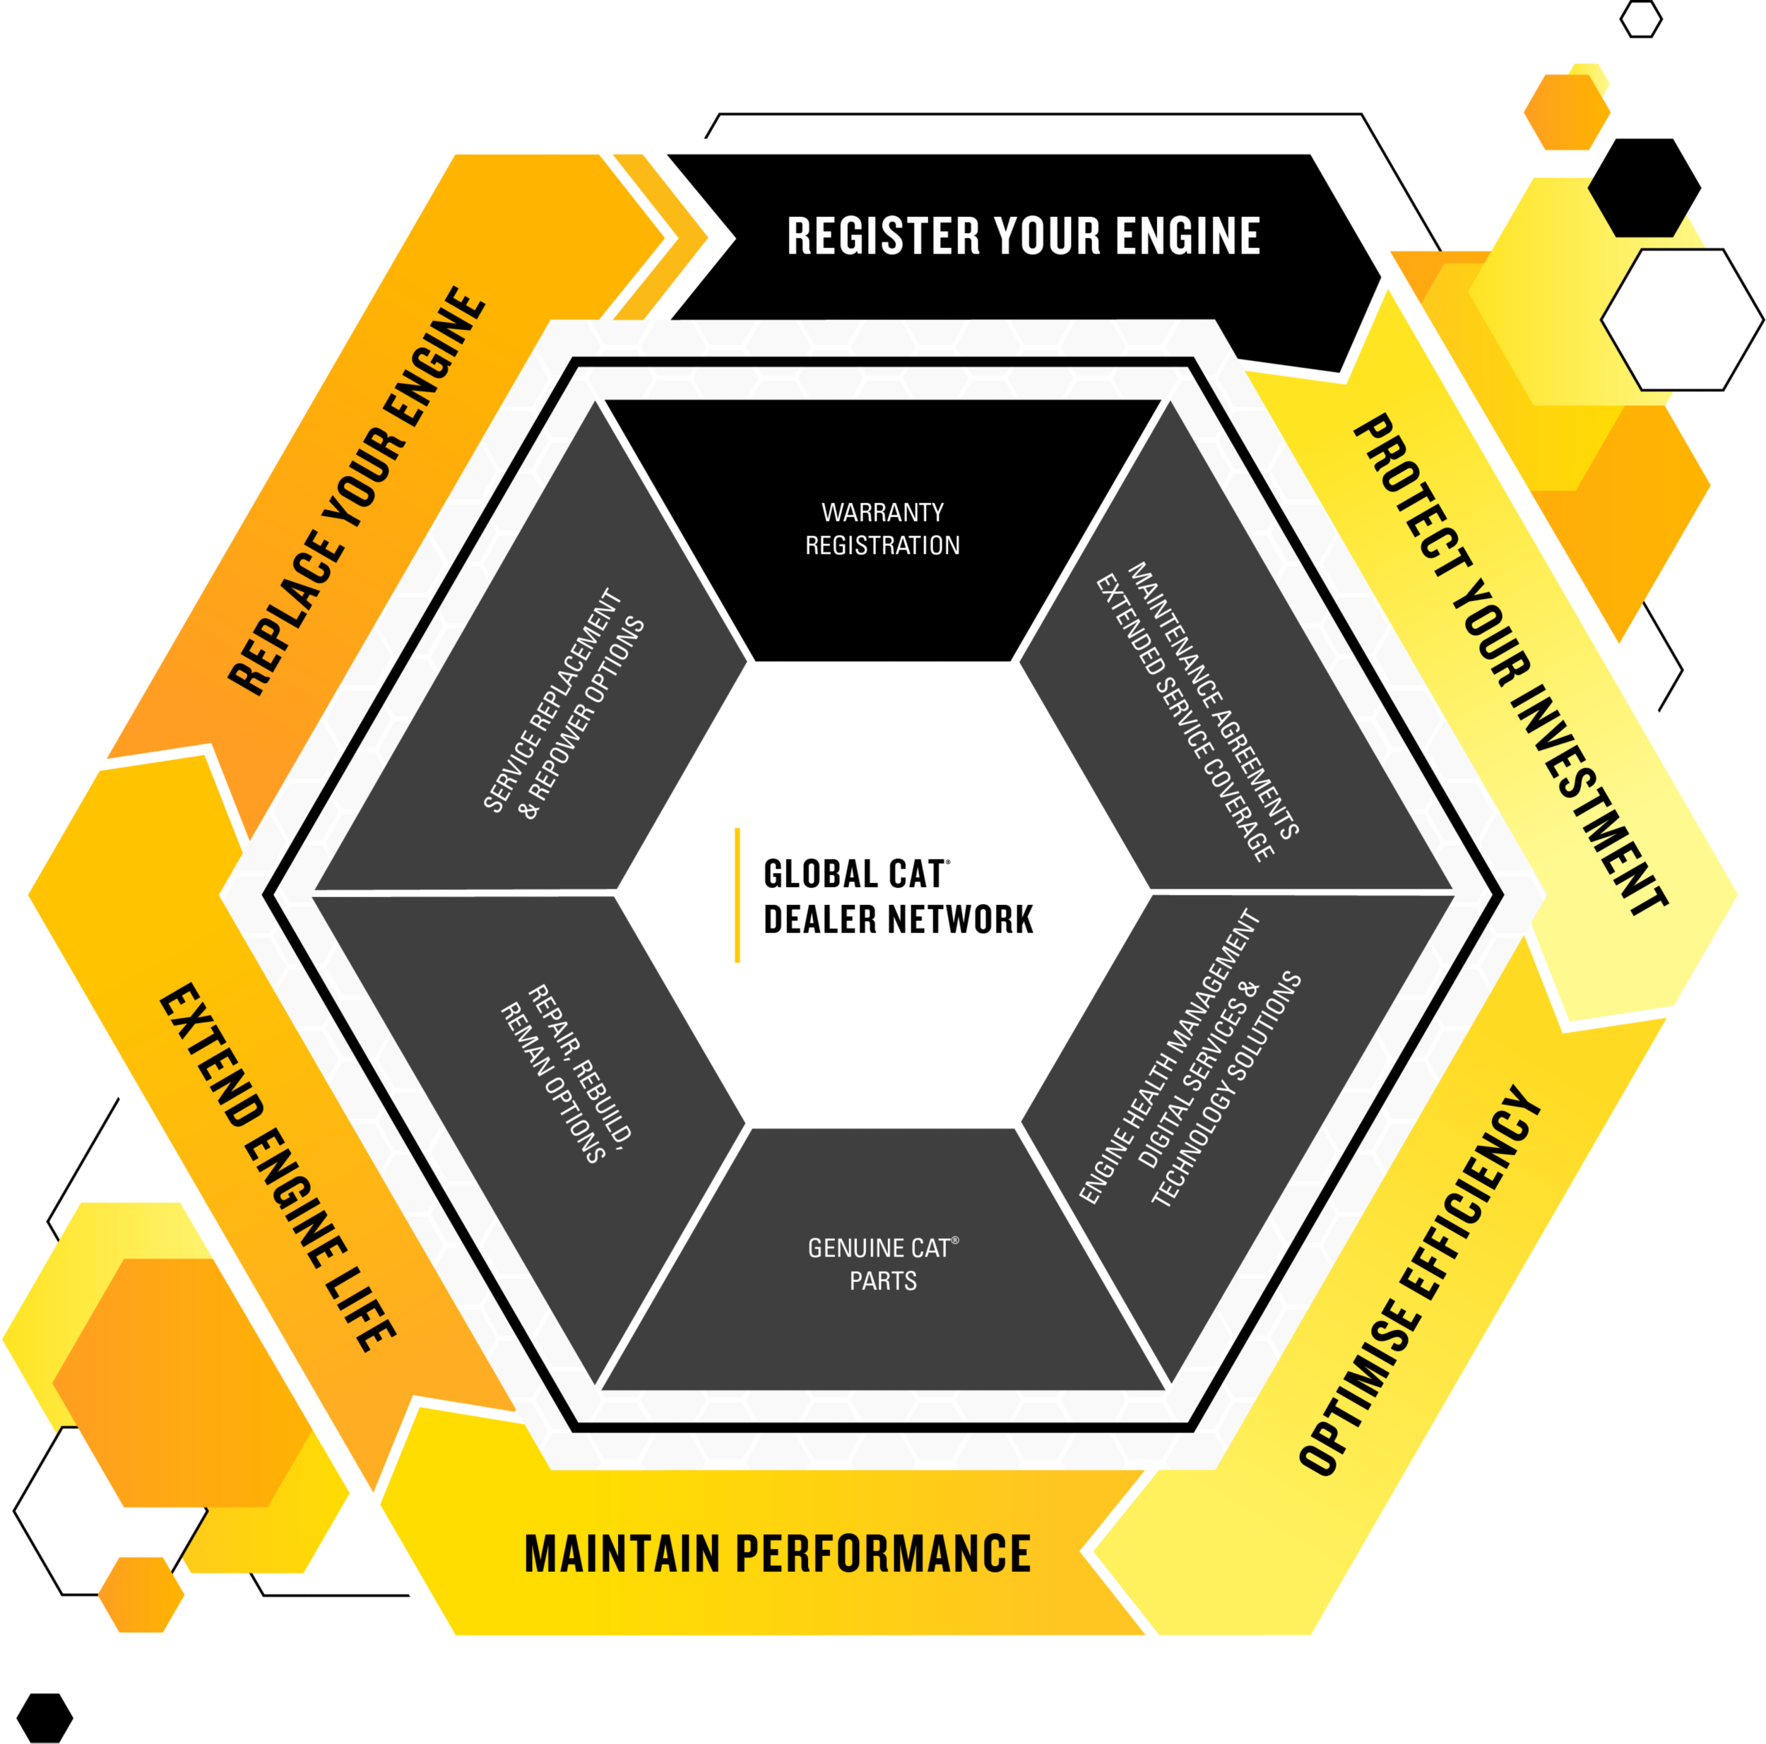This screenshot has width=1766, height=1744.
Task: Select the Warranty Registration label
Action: pos(882,528)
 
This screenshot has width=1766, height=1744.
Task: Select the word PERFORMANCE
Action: pos(882,1555)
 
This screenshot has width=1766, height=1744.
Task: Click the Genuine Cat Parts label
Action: pos(882,1264)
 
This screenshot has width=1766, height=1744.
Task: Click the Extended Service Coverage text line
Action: pos(1184,718)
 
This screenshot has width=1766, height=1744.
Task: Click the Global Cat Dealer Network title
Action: pos(898,896)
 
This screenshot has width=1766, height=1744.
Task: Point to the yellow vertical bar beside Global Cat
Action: pos(737,895)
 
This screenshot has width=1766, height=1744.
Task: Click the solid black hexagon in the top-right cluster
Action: pos(1644,187)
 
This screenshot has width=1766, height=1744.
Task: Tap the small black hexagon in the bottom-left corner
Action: pos(45,1717)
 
